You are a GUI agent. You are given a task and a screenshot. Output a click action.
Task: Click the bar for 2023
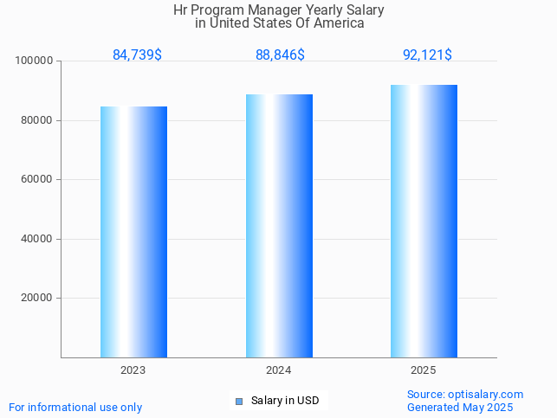pyautogui.click(x=133, y=232)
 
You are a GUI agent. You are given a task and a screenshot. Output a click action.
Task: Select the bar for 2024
pyautogui.click(x=279, y=226)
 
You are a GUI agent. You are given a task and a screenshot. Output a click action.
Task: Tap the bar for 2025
pyautogui.click(x=424, y=221)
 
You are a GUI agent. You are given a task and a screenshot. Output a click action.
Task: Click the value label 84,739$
pyautogui.click(x=137, y=55)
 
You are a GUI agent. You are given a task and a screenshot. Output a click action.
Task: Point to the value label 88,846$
pyautogui.click(x=280, y=55)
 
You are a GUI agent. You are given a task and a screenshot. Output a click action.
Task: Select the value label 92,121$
pyautogui.click(x=427, y=55)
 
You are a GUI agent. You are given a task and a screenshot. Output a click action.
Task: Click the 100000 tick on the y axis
pyautogui.click(x=36, y=61)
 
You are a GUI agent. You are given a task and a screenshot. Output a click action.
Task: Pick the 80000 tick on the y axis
pyautogui.click(x=38, y=120)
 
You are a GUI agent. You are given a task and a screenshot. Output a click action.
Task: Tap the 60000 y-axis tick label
pyautogui.click(x=38, y=180)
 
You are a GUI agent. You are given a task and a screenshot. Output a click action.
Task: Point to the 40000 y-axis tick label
pyautogui.click(x=38, y=239)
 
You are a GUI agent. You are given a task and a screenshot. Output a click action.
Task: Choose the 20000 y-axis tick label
pyautogui.click(x=38, y=299)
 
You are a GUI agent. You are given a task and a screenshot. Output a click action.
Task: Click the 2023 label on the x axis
pyautogui.click(x=133, y=370)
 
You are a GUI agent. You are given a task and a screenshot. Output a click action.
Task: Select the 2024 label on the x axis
pyautogui.click(x=279, y=370)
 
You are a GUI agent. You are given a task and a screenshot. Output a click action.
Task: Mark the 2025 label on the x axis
pyautogui.click(x=424, y=370)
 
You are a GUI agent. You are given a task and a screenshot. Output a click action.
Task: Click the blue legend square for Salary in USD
pyautogui.click(x=239, y=401)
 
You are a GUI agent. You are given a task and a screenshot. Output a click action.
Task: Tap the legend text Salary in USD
pyautogui.click(x=285, y=401)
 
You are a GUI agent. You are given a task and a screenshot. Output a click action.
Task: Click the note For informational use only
pyautogui.click(x=75, y=408)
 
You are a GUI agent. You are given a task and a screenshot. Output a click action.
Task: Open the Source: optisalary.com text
pyautogui.click(x=465, y=395)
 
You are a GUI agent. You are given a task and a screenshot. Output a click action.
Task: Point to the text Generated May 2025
pyautogui.click(x=460, y=408)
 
